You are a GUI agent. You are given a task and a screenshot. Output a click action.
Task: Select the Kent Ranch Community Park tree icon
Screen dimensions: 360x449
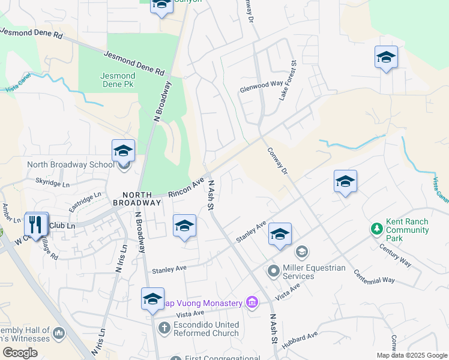(x=376, y=229)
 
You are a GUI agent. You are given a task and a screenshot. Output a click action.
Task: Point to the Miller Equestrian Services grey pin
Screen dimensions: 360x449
(x=273, y=272)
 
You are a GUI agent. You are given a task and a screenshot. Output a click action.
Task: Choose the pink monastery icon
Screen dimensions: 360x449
(x=252, y=302)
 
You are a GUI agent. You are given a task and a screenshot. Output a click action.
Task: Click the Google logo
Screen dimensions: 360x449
(x=20, y=353)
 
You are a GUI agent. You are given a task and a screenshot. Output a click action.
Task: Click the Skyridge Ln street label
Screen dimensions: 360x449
(x=53, y=181)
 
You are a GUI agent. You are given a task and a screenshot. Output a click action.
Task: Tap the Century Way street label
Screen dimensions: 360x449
(x=394, y=255)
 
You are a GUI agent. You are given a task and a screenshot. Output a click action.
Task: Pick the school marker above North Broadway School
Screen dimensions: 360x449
(x=123, y=151)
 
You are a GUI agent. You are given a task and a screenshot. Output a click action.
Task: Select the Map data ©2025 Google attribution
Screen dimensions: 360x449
(x=412, y=355)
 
